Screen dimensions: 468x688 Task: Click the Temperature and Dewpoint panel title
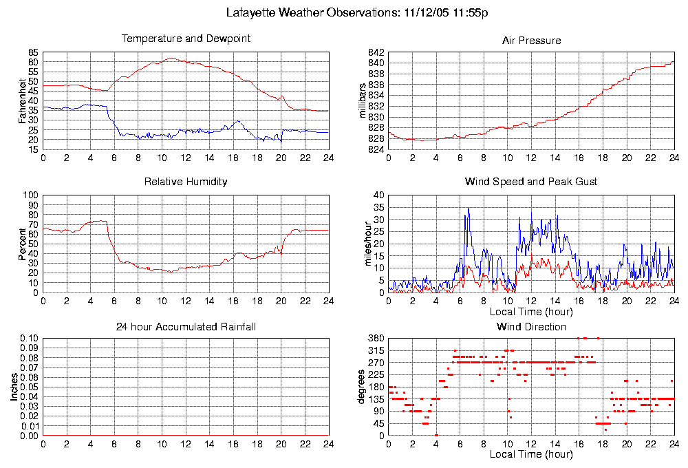[186, 39]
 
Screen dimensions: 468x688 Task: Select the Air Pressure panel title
[531, 41]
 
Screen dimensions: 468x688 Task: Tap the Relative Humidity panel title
[186, 182]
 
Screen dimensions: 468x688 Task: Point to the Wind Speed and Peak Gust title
[531, 182]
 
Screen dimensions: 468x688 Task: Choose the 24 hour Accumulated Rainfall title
[186, 326]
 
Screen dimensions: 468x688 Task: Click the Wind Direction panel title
[531, 326]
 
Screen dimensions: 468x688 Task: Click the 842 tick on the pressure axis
[376, 52]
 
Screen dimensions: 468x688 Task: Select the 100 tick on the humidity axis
[31, 195]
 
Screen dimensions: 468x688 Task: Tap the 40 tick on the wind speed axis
[378, 195]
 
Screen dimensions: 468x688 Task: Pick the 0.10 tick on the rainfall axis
[29, 339]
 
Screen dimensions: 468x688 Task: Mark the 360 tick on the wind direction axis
[376, 339]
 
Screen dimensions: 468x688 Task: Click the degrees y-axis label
[362, 387]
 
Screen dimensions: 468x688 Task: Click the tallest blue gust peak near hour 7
[469, 208]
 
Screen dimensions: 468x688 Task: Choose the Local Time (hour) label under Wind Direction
[531, 454]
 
